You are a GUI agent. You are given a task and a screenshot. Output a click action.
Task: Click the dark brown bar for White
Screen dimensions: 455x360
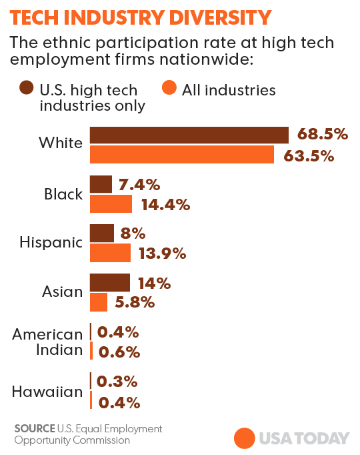point(189,135)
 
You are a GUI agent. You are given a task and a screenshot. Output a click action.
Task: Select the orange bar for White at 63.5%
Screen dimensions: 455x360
point(181,155)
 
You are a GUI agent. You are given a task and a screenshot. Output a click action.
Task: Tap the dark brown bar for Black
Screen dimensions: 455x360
point(101,184)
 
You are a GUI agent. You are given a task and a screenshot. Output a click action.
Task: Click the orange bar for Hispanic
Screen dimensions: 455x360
point(110,253)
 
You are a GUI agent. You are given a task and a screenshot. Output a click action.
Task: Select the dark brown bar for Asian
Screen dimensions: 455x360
point(110,282)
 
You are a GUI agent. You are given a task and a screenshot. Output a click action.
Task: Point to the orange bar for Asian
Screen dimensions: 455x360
point(99,302)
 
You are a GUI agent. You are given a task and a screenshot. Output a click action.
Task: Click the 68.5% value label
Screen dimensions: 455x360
point(323,135)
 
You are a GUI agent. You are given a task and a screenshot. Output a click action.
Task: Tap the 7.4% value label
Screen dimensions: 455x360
point(139,184)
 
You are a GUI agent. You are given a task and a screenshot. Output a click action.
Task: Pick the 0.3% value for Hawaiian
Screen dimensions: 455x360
point(117,382)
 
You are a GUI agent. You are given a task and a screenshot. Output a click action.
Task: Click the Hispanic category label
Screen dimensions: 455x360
point(51,243)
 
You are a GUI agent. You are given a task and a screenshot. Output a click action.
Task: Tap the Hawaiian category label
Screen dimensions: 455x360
point(47,392)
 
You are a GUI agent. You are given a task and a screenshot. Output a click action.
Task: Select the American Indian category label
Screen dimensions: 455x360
point(47,342)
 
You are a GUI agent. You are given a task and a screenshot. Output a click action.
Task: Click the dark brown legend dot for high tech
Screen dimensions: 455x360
point(27,89)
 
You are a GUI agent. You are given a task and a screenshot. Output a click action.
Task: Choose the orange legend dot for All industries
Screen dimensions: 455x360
point(169,89)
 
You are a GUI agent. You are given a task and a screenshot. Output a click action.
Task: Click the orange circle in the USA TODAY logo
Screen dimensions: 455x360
point(244,438)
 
